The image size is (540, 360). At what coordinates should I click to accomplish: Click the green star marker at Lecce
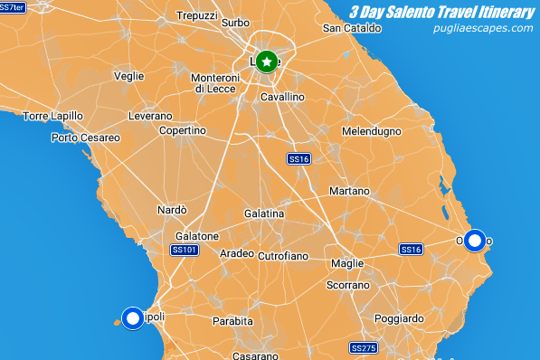click(x=266, y=62)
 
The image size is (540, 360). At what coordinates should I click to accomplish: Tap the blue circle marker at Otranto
click(x=475, y=241)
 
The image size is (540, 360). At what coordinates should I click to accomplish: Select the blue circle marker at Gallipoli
click(x=133, y=317)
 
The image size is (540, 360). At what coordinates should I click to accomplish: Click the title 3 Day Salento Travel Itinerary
click(x=441, y=12)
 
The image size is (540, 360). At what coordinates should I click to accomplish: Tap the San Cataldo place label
click(x=349, y=28)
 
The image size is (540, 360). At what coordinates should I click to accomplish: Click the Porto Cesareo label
click(x=86, y=137)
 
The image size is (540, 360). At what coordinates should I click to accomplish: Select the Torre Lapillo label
click(x=53, y=116)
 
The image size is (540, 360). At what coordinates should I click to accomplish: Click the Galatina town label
click(x=264, y=213)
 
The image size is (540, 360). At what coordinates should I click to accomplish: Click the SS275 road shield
click(x=363, y=347)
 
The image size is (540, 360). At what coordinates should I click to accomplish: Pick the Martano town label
click(x=349, y=192)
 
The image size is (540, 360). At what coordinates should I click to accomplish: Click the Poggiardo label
click(x=398, y=318)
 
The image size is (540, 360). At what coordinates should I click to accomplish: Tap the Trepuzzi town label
click(x=197, y=16)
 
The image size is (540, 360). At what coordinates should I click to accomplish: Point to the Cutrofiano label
click(x=283, y=257)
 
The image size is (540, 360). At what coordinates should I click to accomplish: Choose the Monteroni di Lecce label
click(x=213, y=83)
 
